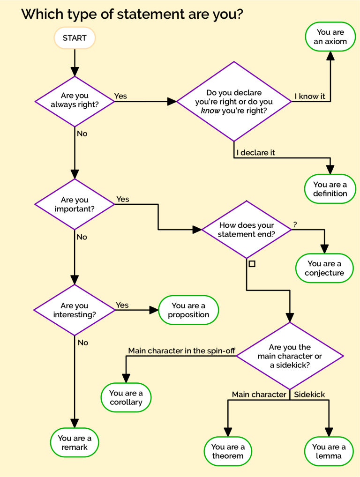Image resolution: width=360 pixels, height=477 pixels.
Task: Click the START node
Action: coord(75,38)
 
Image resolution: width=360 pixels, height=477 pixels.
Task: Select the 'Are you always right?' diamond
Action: coord(75,101)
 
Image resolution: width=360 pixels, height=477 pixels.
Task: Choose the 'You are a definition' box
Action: coord(330,189)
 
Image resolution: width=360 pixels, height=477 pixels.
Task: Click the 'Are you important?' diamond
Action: coord(75,204)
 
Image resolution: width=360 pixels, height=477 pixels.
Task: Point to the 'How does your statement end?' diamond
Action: coord(247,230)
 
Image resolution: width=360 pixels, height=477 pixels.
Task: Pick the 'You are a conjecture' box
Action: coord(324,268)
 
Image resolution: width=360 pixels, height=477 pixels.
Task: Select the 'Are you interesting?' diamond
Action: coord(75,310)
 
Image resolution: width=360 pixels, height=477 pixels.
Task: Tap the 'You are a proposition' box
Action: coord(188,310)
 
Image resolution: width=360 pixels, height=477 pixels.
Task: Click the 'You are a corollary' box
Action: coord(126,398)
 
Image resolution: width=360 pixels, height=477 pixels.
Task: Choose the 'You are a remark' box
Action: coord(75,443)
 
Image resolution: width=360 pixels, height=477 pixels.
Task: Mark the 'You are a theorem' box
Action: coord(228,452)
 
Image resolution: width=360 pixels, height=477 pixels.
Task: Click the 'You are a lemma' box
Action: coord(329,452)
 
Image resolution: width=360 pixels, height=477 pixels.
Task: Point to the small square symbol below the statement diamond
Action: coord(252,264)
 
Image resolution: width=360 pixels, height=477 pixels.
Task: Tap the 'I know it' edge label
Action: coord(309,97)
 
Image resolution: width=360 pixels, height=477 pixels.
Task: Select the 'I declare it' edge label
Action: coord(255,153)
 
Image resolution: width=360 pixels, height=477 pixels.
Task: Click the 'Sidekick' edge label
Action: coord(309,395)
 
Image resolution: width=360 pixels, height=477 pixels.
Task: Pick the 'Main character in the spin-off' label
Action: coord(181,351)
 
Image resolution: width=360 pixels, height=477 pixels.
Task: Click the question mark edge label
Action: coord(295,224)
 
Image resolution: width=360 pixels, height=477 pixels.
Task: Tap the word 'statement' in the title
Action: coord(149,14)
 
